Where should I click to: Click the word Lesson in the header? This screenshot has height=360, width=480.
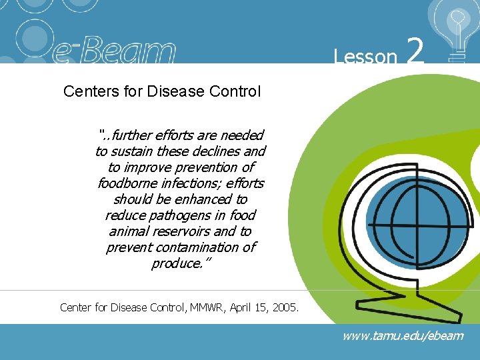point(365,57)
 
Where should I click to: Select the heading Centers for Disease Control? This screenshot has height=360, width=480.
point(161,91)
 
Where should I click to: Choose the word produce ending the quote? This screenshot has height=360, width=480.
point(175,263)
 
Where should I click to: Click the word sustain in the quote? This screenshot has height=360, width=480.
point(137,151)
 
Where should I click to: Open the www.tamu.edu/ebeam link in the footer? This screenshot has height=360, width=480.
point(402,336)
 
